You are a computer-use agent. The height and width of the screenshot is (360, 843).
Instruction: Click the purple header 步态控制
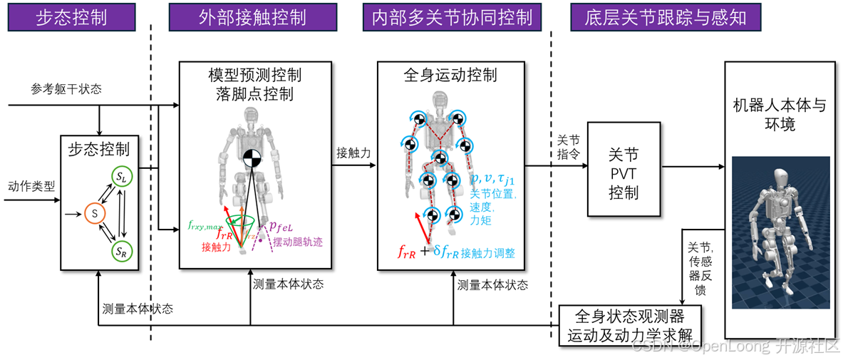tap(72, 17)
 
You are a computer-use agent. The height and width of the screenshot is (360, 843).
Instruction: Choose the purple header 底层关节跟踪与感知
tap(665, 17)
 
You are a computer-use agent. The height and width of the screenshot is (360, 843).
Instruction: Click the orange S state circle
tap(94, 212)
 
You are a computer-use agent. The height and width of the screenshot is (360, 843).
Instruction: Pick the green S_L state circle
tap(122, 177)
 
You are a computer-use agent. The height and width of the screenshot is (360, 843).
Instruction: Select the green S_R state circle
tap(122, 251)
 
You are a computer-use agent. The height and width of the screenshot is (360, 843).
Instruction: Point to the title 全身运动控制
tap(450, 75)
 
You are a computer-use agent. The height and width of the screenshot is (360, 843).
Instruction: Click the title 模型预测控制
tap(254, 75)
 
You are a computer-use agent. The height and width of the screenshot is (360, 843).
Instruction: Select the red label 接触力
tap(216, 247)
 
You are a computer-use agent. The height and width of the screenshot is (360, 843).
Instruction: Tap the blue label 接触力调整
tap(488, 252)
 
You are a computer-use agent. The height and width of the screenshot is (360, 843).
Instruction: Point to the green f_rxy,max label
tap(204, 225)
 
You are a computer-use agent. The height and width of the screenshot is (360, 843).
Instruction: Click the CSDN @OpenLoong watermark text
tap(735, 346)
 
